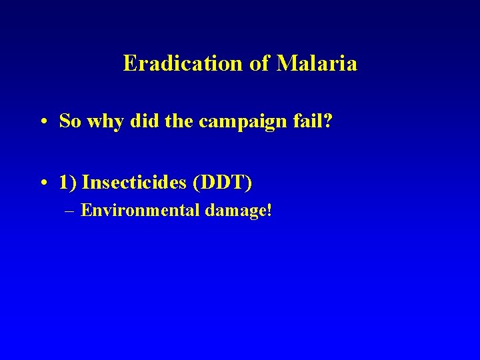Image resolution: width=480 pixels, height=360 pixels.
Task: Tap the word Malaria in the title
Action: (x=317, y=63)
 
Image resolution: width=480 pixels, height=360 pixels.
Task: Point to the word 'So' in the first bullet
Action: (x=69, y=121)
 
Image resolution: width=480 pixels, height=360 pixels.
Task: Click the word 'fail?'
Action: (x=286, y=121)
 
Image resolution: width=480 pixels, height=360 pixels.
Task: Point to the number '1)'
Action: (x=67, y=181)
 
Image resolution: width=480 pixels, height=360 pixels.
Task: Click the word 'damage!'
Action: (x=239, y=211)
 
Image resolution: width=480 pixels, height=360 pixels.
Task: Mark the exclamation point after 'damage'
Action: (x=269, y=211)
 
